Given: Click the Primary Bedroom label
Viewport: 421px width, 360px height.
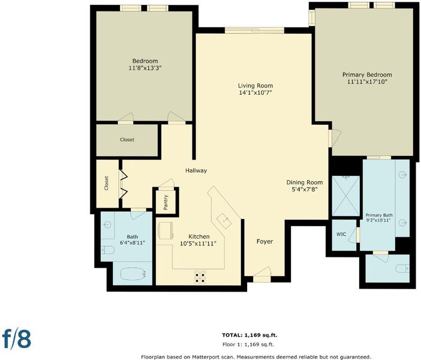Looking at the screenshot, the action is pyautogui.click(x=367, y=74).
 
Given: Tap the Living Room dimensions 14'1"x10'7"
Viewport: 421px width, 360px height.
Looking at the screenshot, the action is pyautogui.click(x=255, y=93).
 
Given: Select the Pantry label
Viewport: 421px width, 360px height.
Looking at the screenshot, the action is pyautogui.click(x=166, y=202).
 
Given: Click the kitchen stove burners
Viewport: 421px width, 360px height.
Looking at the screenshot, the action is pyautogui.click(x=200, y=277).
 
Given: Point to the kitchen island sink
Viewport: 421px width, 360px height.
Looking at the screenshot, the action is pyautogui.click(x=224, y=221).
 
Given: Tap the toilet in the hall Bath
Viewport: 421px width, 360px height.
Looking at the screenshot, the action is pyautogui.click(x=108, y=250).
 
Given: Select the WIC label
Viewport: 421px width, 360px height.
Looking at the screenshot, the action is pyautogui.click(x=341, y=234).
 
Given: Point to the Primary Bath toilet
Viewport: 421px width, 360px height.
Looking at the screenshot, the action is pyautogui.click(x=402, y=268).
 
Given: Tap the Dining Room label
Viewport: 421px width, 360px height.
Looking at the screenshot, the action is pyautogui.click(x=305, y=182).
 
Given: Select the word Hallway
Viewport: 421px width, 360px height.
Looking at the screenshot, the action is pyautogui.click(x=196, y=170).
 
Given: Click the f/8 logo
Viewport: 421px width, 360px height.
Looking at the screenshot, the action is pyautogui.click(x=17, y=339).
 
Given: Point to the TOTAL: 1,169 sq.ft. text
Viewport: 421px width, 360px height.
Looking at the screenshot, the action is pyautogui.click(x=249, y=335).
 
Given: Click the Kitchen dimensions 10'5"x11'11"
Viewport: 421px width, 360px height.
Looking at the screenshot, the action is pyautogui.click(x=198, y=244).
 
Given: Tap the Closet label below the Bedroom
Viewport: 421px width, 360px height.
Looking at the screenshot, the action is pyautogui.click(x=127, y=140).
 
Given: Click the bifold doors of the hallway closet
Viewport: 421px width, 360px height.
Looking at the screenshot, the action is pyautogui.click(x=123, y=184).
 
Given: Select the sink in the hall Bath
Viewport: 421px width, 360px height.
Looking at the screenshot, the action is pyautogui.click(x=107, y=224).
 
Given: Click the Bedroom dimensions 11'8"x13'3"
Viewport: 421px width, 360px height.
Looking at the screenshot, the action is pyautogui.click(x=145, y=68).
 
